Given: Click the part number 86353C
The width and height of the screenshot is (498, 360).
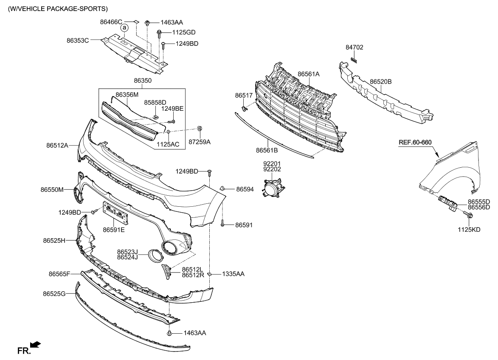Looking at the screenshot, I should [x=78, y=41].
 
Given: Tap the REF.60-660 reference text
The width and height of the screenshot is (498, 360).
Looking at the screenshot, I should [x=418, y=142].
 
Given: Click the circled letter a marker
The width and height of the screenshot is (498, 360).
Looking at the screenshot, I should [x=124, y=28].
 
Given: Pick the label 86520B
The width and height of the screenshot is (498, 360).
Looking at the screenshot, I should [x=380, y=82].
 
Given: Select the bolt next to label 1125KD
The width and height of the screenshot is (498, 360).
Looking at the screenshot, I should [x=470, y=217].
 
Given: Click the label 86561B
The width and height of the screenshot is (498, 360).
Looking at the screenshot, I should [x=267, y=150].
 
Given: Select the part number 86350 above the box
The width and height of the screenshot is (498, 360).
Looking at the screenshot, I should [x=143, y=80].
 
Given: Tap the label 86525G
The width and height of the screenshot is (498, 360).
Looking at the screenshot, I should [x=54, y=293].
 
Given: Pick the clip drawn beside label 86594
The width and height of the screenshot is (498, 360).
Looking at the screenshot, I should [x=223, y=188].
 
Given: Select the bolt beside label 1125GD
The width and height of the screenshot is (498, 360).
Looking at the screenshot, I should [x=159, y=33].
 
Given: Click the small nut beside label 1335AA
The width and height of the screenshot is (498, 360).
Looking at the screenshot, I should [x=210, y=274].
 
